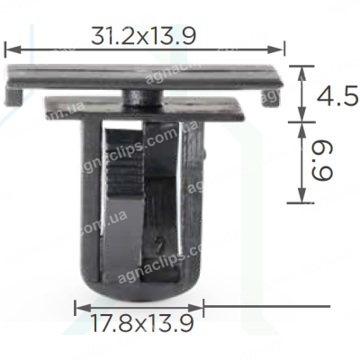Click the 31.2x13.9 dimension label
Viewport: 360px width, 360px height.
143,36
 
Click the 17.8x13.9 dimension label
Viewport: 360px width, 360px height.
142,323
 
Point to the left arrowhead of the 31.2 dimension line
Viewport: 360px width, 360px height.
13,49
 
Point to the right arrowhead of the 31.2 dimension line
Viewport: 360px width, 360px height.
275,49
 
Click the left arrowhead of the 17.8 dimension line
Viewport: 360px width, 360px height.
82,307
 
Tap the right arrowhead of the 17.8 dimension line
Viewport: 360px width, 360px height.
195,307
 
